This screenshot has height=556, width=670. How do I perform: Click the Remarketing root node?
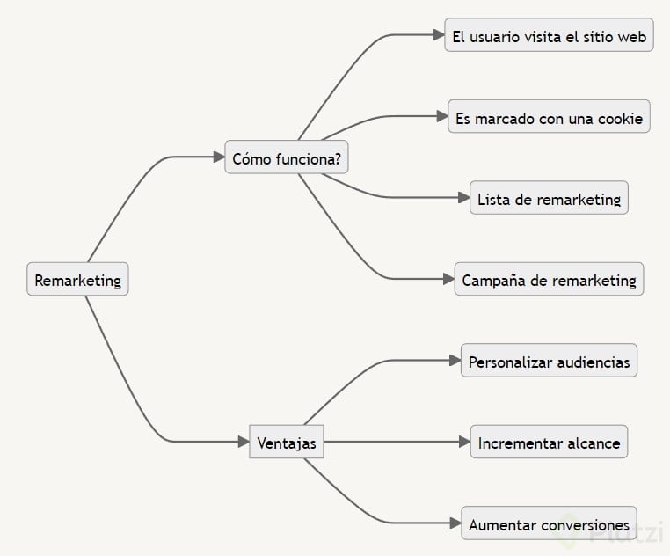click(77, 280)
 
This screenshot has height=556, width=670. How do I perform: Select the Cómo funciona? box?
click(286, 157)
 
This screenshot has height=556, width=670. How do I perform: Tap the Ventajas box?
click(287, 442)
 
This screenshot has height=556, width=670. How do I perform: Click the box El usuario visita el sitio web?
click(549, 36)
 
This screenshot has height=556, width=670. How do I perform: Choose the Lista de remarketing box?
click(549, 199)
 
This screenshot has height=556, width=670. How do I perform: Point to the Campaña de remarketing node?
click(549, 280)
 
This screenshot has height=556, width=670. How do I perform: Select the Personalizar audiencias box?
click(549, 361)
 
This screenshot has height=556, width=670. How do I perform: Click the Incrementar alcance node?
click(549, 443)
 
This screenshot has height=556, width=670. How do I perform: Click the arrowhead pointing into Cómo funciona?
click(220, 157)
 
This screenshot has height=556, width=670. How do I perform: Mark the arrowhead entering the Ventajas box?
click(244, 442)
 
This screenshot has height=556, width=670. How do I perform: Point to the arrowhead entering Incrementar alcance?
click(465, 443)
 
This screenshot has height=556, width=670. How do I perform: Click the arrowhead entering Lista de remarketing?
click(465, 199)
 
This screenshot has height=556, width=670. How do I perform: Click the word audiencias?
click(589, 362)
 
